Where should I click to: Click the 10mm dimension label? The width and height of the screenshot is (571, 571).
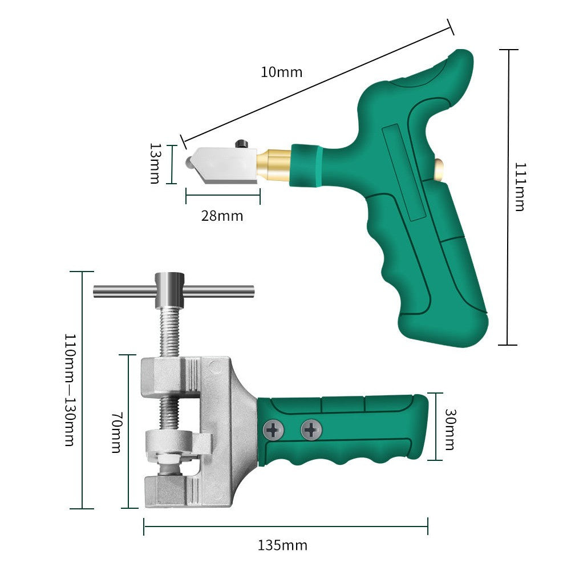281,72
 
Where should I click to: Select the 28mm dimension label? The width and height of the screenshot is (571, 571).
222,216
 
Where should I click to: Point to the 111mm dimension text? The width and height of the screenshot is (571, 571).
520,187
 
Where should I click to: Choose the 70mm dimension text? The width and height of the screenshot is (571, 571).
116,432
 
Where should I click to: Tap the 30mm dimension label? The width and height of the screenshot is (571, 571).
449,429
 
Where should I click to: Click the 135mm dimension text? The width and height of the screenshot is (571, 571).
282,545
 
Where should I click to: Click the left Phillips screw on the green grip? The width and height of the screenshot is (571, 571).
273,430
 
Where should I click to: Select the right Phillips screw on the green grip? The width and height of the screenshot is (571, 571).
311,429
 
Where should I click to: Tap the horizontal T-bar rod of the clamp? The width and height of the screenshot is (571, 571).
217,291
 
